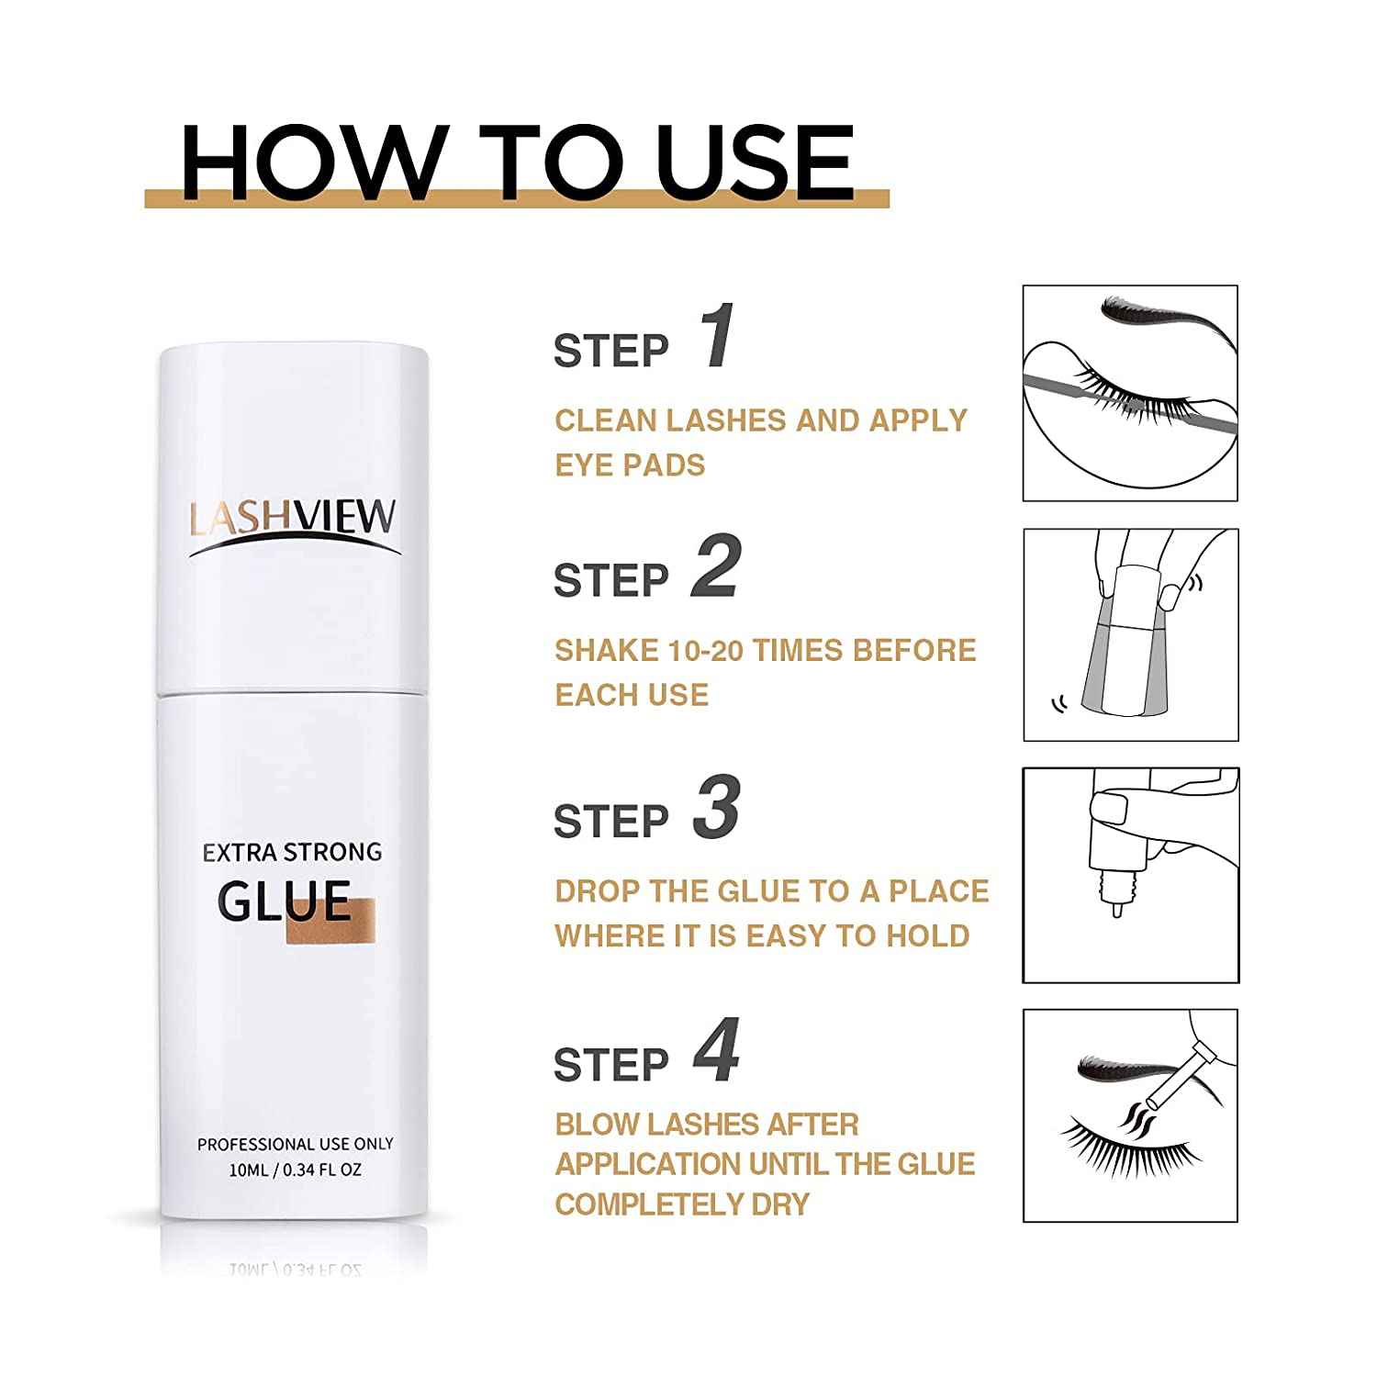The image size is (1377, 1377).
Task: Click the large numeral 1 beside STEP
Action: [x=718, y=336]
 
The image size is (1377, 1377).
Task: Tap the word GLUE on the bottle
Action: [x=285, y=901]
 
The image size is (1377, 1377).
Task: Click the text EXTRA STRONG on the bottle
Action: [x=292, y=852]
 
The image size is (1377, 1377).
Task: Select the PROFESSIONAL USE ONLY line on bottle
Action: [x=295, y=1144]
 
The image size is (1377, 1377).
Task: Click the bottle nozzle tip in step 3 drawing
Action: [x=1117, y=909]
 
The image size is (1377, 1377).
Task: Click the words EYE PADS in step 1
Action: [x=630, y=465]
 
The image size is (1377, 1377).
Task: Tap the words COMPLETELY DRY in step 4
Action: [x=682, y=1203]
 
